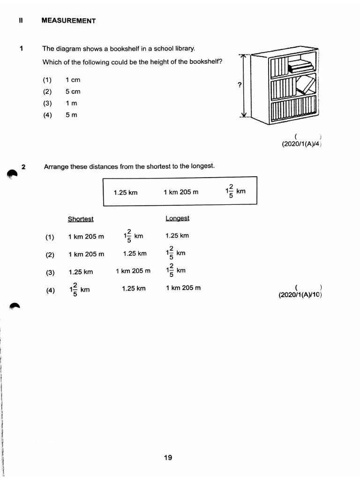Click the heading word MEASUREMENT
click(x=68, y=21)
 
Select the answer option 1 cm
click(x=73, y=80)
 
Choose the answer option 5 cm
click(x=73, y=92)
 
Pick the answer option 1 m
click(x=71, y=104)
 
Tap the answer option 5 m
click(x=71, y=115)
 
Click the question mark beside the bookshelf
click(x=240, y=85)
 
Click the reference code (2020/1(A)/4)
click(x=301, y=144)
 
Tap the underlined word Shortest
click(x=81, y=219)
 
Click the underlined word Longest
click(x=177, y=218)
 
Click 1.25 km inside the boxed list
click(x=126, y=192)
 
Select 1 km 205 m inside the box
click(x=181, y=192)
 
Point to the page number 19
click(x=168, y=457)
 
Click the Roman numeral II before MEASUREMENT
click(x=21, y=21)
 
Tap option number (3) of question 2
click(x=50, y=272)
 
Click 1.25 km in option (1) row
click(x=177, y=236)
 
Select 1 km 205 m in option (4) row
click(x=183, y=288)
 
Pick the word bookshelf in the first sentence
click(x=117, y=49)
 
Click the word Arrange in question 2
click(x=56, y=166)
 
